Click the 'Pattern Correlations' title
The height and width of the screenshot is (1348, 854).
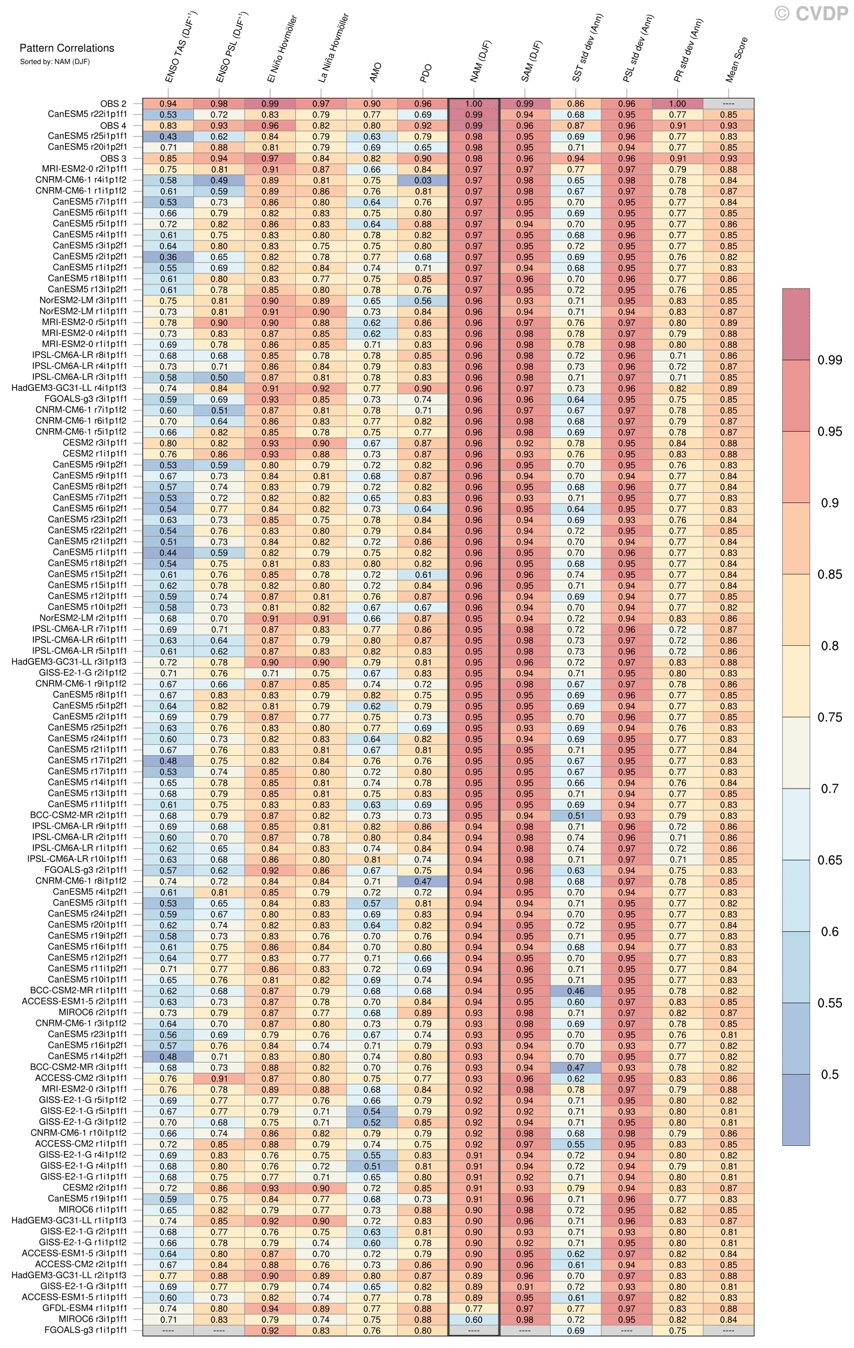click(x=67, y=48)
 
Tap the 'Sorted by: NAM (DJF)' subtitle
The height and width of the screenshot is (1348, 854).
click(x=55, y=62)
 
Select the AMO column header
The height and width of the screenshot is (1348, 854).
click(x=375, y=73)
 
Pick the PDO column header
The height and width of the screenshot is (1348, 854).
click(x=426, y=73)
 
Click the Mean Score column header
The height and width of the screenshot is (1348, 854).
click(x=736, y=60)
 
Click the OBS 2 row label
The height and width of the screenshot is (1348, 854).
click(x=113, y=104)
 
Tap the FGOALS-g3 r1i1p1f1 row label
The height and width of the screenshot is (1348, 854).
click(x=86, y=1330)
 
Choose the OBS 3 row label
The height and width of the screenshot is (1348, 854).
click(x=113, y=158)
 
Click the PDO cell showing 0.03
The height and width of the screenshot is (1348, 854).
click(x=423, y=180)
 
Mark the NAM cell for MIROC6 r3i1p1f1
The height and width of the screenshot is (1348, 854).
click(x=474, y=1319)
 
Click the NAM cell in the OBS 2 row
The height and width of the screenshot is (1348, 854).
click(x=474, y=104)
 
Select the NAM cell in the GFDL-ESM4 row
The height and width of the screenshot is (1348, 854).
click(x=474, y=1308)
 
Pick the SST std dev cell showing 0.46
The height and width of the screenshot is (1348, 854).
click(x=575, y=991)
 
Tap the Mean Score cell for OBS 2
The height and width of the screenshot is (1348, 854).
click(x=728, y=104)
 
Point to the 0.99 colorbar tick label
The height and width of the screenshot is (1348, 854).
click(x=829, y=360)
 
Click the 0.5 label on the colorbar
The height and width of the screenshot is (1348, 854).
click(x=829, y=1075)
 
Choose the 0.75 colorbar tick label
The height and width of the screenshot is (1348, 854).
click(x=829, y=717)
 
